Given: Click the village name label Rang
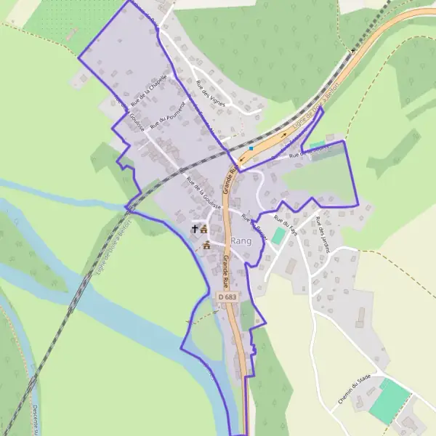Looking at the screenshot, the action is pyautogui.click(x=241, y=241).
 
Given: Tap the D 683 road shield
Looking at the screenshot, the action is pyautogui.click(x=227, y=297).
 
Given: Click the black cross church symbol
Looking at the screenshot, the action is pyautogui.click(x=194, y=229).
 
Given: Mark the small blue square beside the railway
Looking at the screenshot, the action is pyautogui.click(x=251, y=148).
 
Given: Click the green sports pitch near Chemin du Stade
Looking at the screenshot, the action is pyautogui.click(x=390, y=400).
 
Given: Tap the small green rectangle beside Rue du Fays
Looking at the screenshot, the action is pyautogui.click(x=279, y=237).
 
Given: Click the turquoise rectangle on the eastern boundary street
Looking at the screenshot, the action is pyautogui.click(x=318, y=145).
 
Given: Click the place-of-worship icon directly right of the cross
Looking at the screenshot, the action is pyautogui.click(x=204, y=229).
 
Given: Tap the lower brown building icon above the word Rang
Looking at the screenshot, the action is pyautogui.click(x=207, y=246).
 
